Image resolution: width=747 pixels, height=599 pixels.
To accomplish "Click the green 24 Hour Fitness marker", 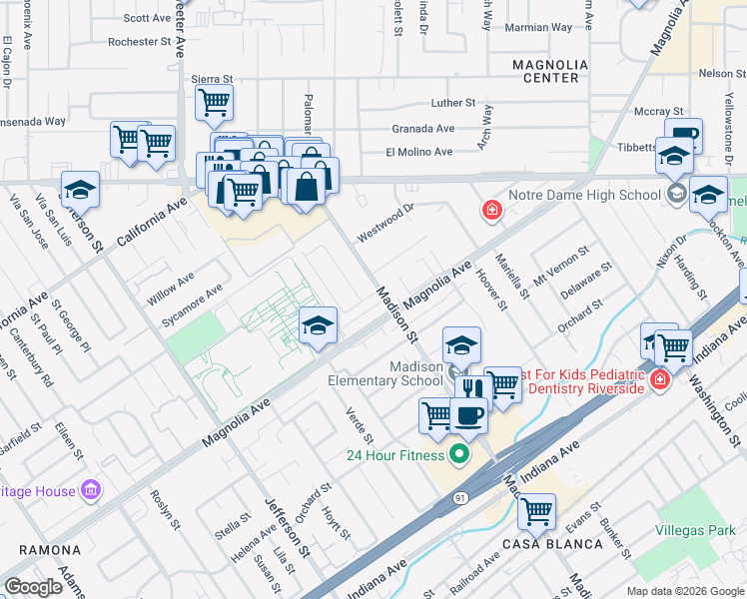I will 459,455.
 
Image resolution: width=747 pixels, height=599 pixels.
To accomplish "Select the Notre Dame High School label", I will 584,195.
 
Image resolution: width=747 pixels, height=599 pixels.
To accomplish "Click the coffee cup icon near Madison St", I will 467,413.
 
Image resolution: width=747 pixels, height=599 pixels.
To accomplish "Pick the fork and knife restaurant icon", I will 474,390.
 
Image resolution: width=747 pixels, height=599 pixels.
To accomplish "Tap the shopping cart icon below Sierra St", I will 214,101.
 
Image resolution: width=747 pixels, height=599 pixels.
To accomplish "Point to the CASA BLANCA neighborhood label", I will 552,544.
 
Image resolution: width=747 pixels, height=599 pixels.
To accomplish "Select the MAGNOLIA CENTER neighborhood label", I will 545,70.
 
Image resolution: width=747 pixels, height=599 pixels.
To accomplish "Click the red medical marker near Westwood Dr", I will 491,210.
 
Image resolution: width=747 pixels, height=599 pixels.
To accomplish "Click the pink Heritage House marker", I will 91,490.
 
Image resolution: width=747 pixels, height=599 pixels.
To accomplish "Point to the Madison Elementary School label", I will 385,373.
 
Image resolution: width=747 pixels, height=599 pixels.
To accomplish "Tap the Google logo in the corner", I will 34,587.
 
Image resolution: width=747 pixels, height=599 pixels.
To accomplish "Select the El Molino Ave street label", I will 419,152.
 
